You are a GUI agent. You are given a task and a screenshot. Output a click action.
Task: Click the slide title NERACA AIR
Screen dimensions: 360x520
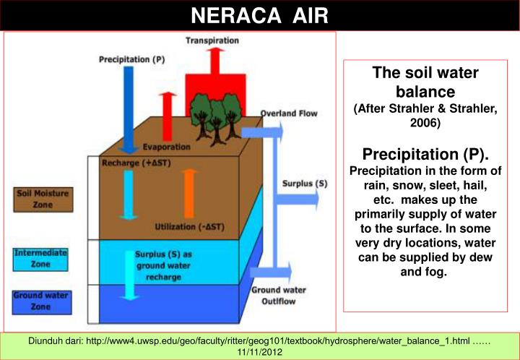(x=259, y=14)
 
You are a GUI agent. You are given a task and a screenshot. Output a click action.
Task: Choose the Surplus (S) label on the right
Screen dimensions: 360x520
(x=303, y=184)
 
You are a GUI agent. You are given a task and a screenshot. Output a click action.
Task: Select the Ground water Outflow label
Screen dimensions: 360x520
(x=275, y=295)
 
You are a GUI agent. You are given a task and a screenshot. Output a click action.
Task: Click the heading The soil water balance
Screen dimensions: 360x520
(x=425, y=82)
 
